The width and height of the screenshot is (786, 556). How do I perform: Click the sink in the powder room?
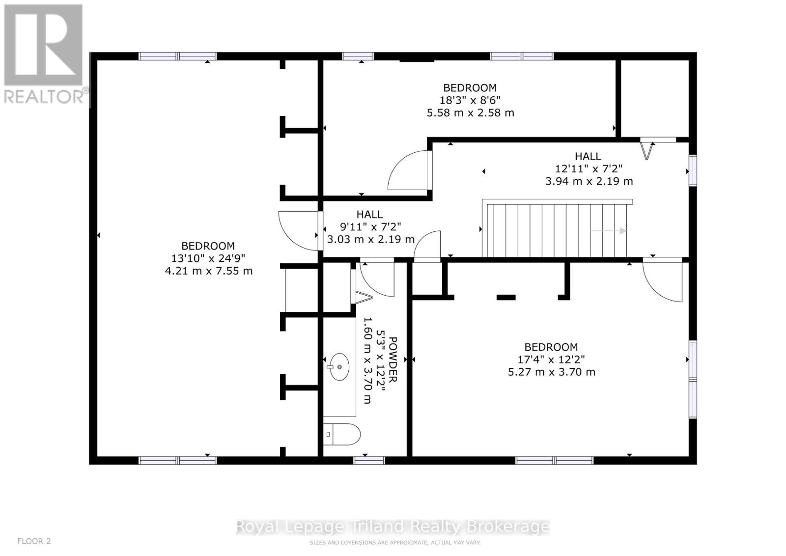point(339,367)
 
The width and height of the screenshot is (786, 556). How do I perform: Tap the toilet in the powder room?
point(342,434)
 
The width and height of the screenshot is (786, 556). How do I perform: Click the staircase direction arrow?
point(608,231)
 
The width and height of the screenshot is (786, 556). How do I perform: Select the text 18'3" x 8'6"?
point(470,100)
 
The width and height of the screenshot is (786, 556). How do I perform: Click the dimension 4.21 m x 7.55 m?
point(209,271)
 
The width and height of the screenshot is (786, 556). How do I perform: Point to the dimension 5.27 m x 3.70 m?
point(552,372)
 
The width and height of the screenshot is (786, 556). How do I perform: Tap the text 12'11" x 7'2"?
point(589,169)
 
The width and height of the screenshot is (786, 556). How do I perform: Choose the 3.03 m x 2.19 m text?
point(371,239)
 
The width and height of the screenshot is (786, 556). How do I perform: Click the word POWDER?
point(393,360)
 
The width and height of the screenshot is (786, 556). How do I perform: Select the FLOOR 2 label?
point(34,541)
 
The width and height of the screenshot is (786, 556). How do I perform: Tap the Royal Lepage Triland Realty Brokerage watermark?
point(393,527)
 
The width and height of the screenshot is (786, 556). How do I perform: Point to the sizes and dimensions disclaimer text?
point(395,543)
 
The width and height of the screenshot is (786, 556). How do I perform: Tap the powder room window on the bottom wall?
point(369,460)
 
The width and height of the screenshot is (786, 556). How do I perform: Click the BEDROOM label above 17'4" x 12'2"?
point(551,347)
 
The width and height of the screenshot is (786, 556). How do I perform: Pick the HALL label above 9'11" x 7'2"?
point(369,214)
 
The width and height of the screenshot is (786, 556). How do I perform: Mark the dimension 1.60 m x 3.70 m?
point(367,360)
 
